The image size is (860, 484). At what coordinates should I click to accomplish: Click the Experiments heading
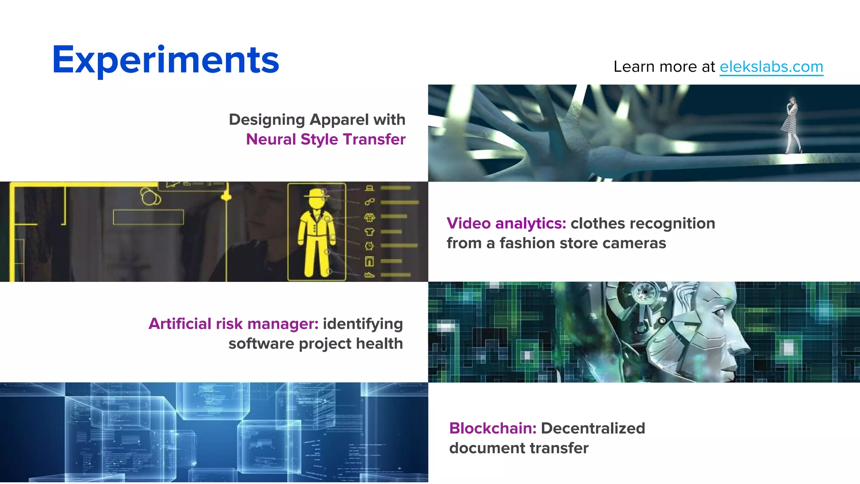coord(165,60)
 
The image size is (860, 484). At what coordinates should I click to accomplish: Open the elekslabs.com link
coord(771,67)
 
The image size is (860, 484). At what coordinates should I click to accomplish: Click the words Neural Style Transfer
coord(325,139)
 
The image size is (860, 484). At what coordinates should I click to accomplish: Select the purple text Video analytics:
coord(506,224)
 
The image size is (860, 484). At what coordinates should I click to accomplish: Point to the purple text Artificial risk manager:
coord(233,324)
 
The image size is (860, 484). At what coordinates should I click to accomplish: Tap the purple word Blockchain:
coord(493,428)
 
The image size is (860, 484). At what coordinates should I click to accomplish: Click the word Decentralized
coord(593,428)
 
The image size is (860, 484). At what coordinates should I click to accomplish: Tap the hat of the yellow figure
coord(315,194)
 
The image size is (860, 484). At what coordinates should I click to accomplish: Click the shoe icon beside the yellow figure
coord(369,275)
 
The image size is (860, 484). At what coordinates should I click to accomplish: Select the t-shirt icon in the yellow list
coord(369,231)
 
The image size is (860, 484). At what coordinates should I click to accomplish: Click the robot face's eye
coord(718,313)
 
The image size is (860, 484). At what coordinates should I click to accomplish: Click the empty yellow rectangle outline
coord(148,217)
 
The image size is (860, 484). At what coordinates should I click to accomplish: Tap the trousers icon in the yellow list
coord(369,261)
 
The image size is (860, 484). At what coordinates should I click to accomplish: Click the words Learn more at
coord(664,67)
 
